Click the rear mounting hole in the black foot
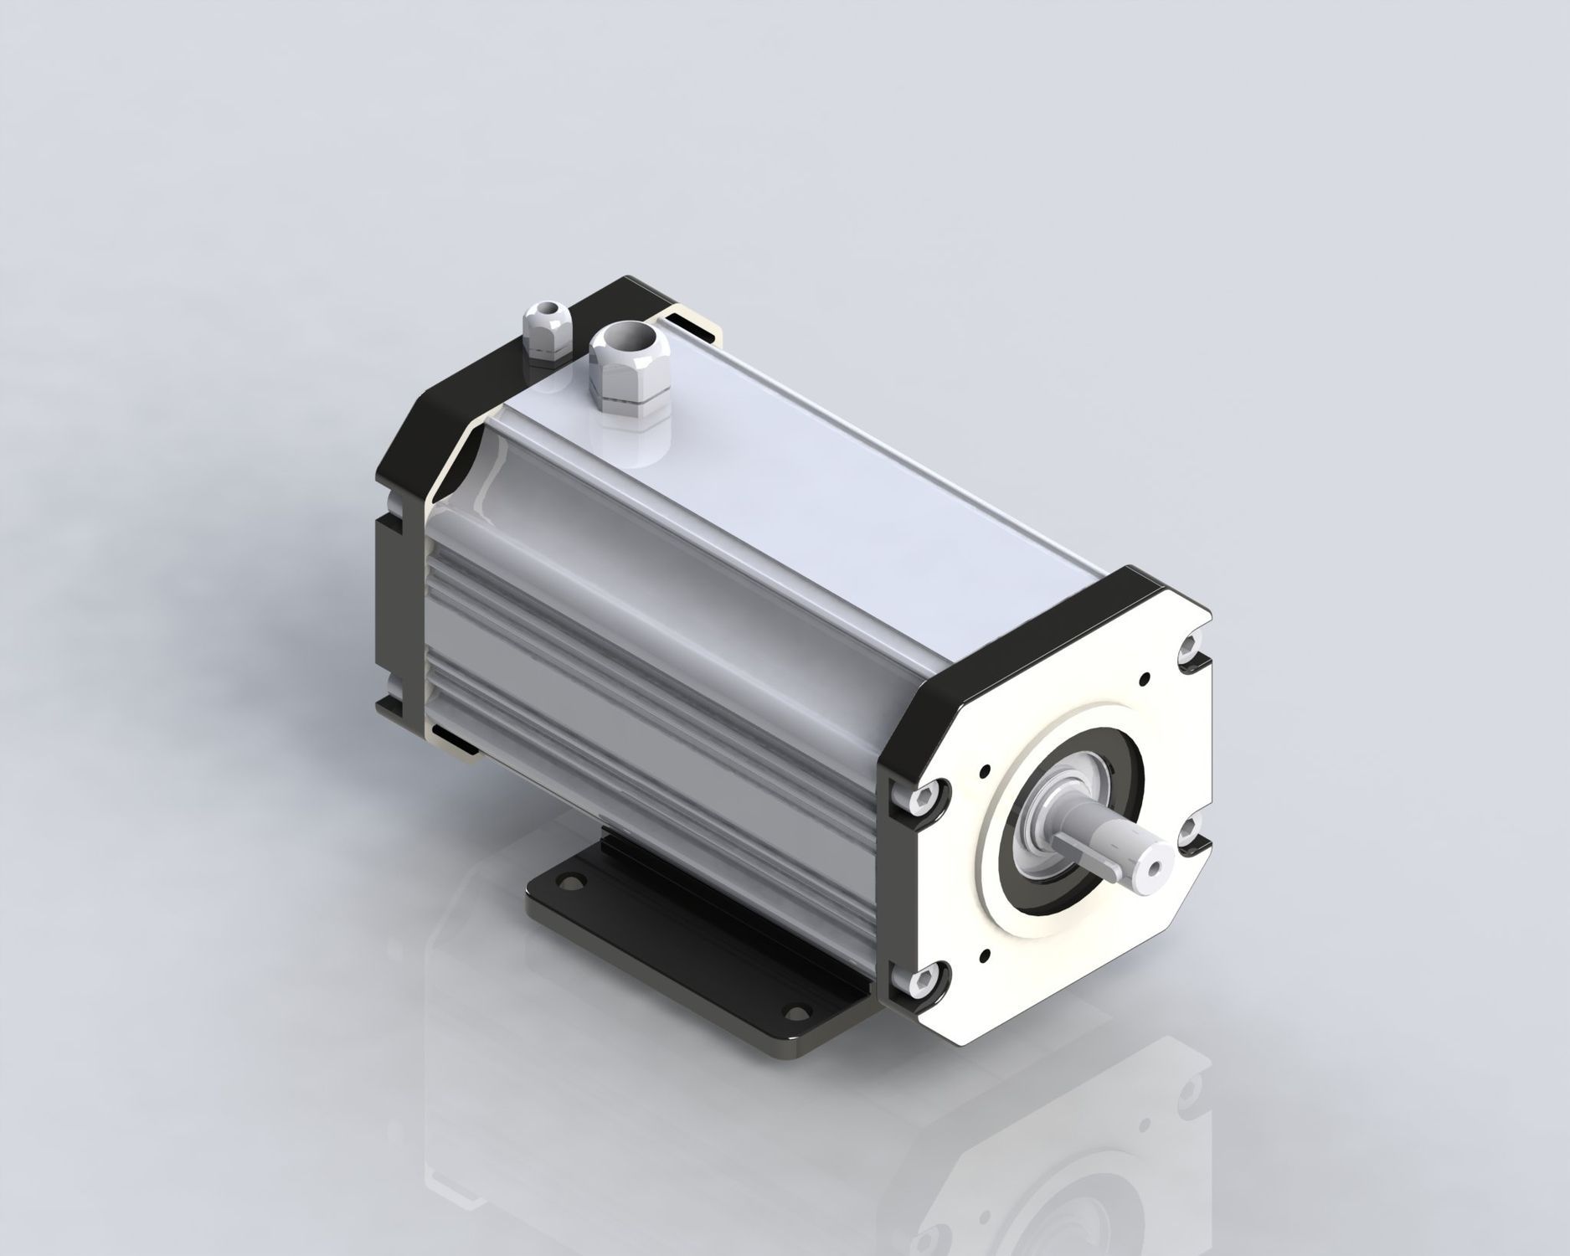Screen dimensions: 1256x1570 click(x=572, y=882)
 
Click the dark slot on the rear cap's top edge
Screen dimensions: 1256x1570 click(x=694, y=327)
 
